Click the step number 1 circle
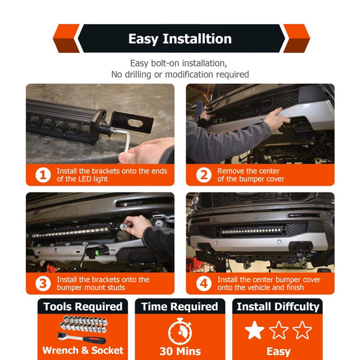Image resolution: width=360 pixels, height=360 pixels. pyautogui.click(x=43, y=175)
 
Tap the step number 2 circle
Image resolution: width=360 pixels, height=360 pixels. pyautogui.click(x=204, y=175)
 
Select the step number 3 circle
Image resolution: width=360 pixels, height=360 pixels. pyautogui.click(x=43, y=284)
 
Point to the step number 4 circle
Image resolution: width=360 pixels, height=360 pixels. pyautogui.click(x=204, y=284)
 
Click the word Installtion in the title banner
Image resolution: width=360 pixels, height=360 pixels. pyautogui.click(x=197, y=38)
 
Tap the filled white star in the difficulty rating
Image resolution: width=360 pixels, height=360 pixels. pyautogui.click(x=254, y=330)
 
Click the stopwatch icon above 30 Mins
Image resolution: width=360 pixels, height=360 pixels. pyautogui.click(x=180, y=331)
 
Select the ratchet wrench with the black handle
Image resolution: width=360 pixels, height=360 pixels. pyautogui.click(x=81, y=338)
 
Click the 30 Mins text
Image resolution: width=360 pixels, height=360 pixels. pyautogui.click(x=180, y=351)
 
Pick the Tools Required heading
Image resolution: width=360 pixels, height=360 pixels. pyautogui.click(x=83, y=307)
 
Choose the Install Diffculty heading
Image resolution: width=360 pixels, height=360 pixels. pyautogui.click(x=278, y=307)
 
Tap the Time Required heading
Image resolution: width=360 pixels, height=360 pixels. pyautogui.click(x=180, y=307)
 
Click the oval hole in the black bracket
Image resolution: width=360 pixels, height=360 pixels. pyautogui.click(x=135, y=123)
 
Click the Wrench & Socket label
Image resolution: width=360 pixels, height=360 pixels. pyautogui.click(x=83, y=351)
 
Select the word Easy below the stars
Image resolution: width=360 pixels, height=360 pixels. pyautogui.click(x=279, y=351)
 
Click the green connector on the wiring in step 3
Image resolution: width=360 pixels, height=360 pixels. pyautogui.click(x=97, y=253)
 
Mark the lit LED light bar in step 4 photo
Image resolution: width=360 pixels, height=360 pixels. pyautogui.click(x=252, y=231)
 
